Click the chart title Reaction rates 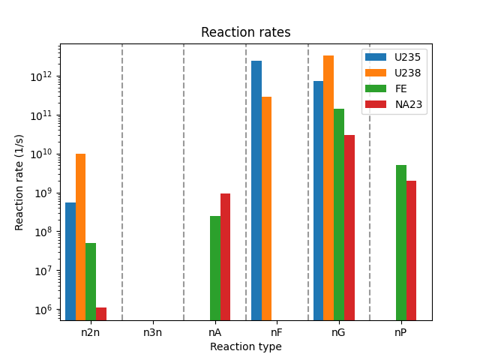(245, 33)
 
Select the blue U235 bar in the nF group (256, 190)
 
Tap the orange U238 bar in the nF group (267, 208)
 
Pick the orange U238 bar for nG (328, 187)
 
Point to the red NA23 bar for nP (411, 250)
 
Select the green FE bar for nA (215, 268)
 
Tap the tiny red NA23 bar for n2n (101, 313)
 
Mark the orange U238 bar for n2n (80, 237)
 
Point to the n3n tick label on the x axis (153, 331)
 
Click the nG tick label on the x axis (338, 331)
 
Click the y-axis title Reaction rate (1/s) (20, 181)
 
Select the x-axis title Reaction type (245, 346)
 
